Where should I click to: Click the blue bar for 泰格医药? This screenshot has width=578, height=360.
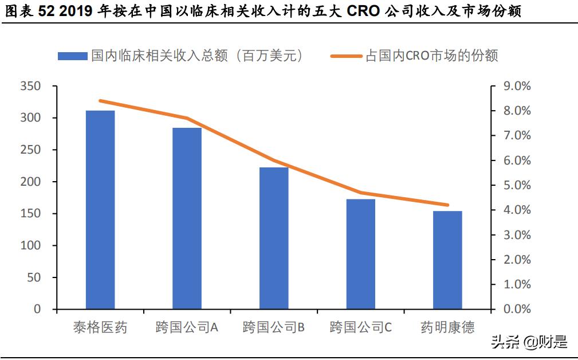tap(100, 209)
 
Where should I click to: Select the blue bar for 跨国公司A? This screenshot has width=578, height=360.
tap(187, 218)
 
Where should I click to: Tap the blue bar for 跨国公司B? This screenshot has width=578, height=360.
tap(274, 238)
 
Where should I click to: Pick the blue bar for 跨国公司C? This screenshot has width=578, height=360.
tap(361, 254)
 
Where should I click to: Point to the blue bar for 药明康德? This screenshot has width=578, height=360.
tap(447, 260)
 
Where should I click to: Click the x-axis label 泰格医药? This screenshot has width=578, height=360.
tap(100, 327)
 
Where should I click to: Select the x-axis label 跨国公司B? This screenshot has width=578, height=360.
tap(274, 327)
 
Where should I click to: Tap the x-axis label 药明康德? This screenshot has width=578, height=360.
tap(447, 327)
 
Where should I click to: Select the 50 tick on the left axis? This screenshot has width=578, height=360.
tap(34, 277)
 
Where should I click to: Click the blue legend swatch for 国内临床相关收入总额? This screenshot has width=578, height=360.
tap(73, 56)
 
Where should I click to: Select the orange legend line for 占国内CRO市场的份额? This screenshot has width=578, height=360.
tap(347, 56)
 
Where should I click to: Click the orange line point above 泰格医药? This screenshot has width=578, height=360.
tap(100, 101)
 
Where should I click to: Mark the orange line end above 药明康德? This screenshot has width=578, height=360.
tap(447, 205)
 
